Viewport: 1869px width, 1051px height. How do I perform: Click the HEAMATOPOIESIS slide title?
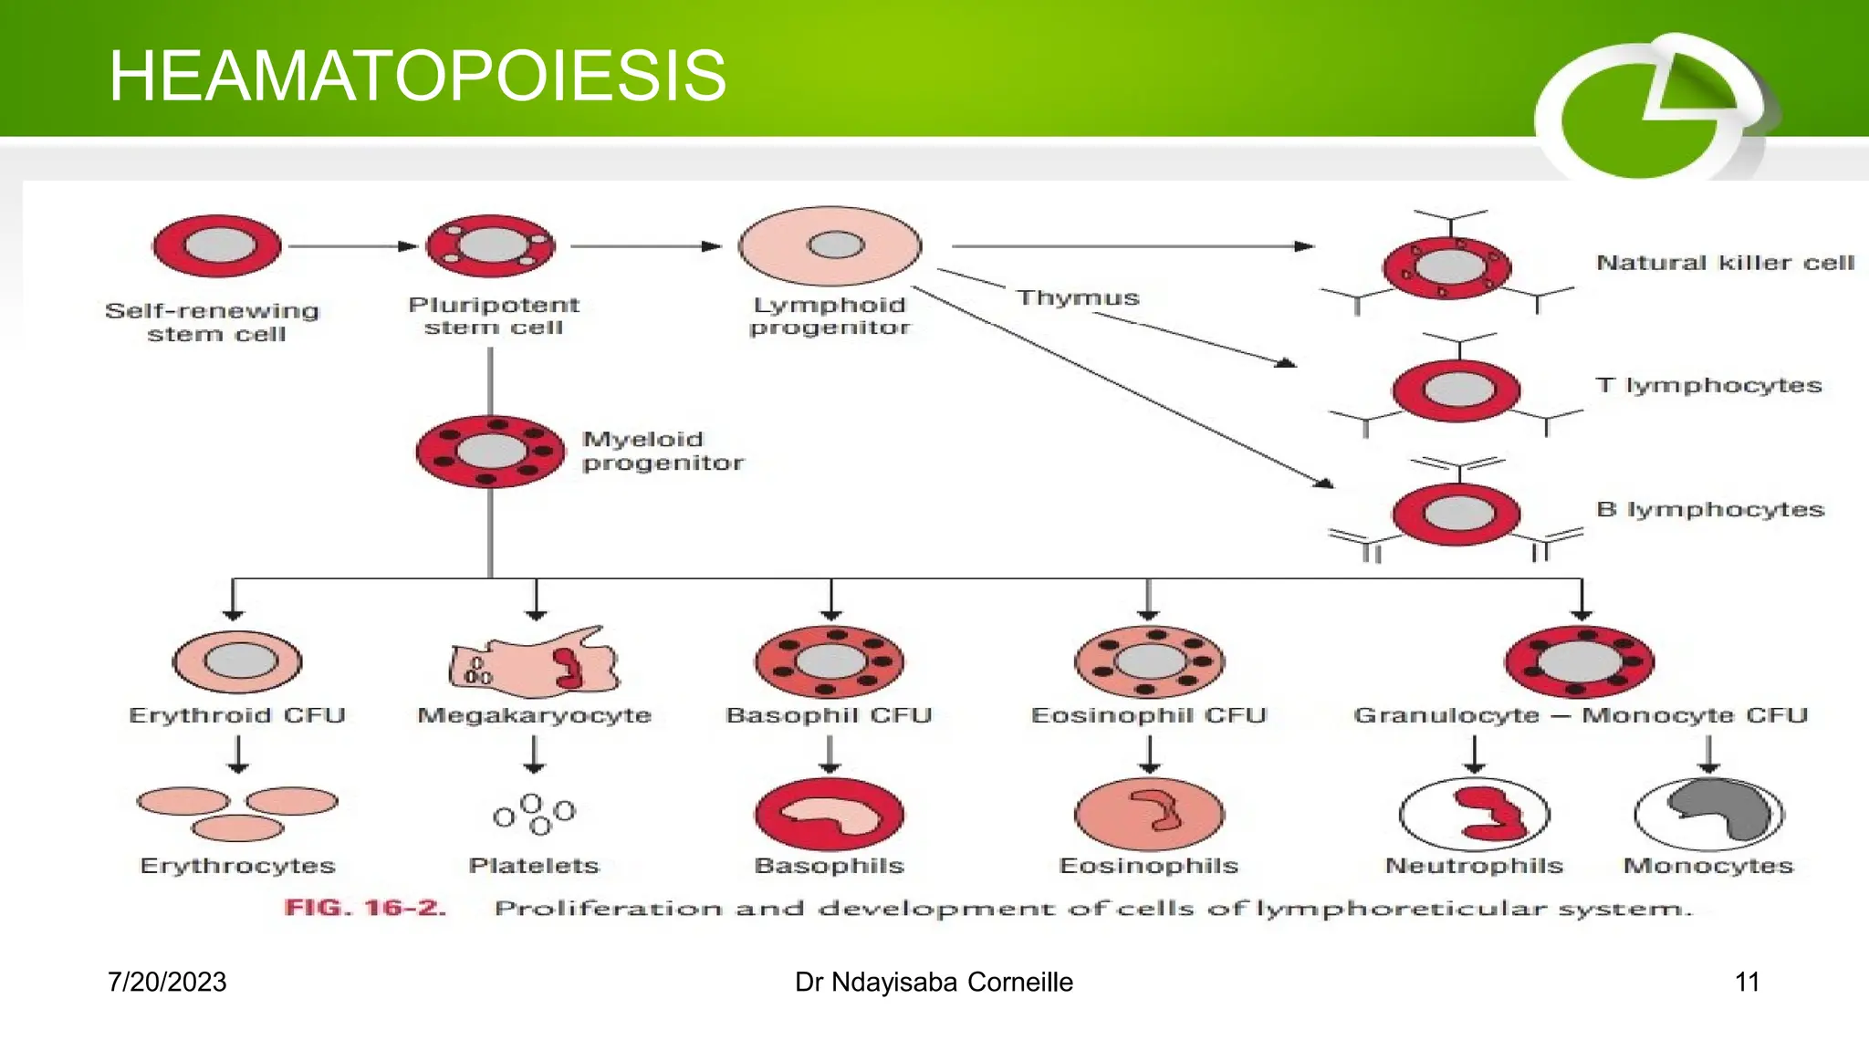(417, 77)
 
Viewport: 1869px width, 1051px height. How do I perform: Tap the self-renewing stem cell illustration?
(217, 246)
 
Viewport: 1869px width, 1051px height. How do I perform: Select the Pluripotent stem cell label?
(493, 316)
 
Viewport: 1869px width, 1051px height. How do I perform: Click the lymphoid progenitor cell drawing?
(830, 246)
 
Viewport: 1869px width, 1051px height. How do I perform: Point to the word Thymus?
(1078, 298)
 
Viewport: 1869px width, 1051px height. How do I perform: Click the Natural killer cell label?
(1725, 263)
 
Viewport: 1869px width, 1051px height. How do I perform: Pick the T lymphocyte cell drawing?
(1457, 390)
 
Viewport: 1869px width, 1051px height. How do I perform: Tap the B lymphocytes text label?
(1709, 509)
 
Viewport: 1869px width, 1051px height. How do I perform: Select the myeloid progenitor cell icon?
(491, 452)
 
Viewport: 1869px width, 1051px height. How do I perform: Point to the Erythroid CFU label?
(237, 715)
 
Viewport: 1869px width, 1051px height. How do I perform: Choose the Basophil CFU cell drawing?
(830, 662)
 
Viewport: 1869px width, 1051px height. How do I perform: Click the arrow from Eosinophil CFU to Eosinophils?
(1149, 754)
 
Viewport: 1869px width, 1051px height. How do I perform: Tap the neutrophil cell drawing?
(1474, 814)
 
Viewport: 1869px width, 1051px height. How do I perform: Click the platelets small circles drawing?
(535, 813)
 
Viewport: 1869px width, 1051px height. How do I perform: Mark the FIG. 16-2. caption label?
(365, 908)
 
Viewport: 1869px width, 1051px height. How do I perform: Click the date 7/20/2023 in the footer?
(167, 982)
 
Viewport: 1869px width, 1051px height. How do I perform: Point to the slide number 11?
(1746, 982)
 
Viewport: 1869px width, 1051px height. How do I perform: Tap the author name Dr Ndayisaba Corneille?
(934, 982)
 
